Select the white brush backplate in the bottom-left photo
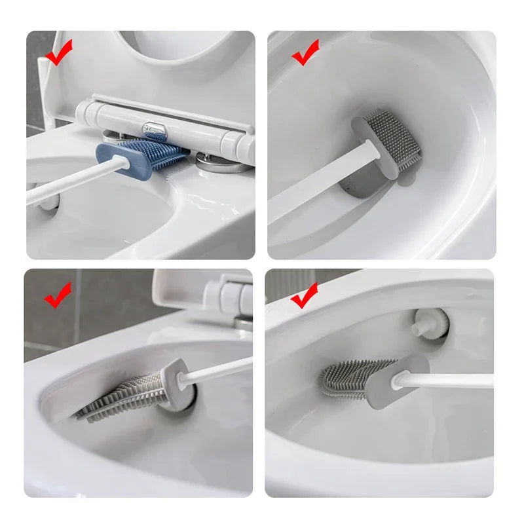(x=172, y=383)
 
